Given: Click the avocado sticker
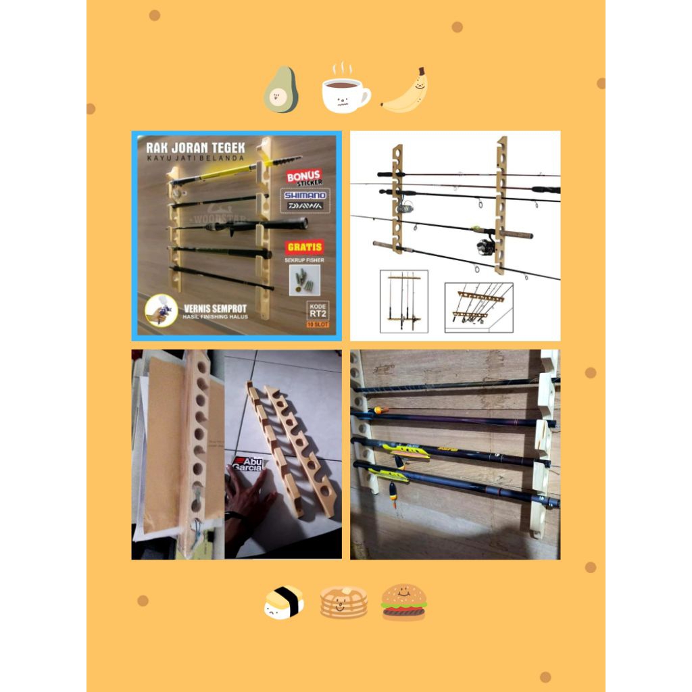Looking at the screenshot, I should tap(280, 91).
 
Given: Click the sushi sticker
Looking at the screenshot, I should tap(283, 602).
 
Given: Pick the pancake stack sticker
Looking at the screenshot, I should tap(343, 602).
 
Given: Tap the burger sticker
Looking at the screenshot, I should tap(403, 602).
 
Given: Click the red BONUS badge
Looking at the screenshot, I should tap(303, 177).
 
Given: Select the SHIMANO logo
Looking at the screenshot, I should tap(303, 195).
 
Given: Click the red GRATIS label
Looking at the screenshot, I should tap(303, 247).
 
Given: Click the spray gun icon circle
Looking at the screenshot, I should tap(161, 310).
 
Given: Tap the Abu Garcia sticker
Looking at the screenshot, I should tap(248, 464).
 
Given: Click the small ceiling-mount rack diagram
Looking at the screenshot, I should tap(478, 305).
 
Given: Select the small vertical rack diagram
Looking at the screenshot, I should tap(403, 301).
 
